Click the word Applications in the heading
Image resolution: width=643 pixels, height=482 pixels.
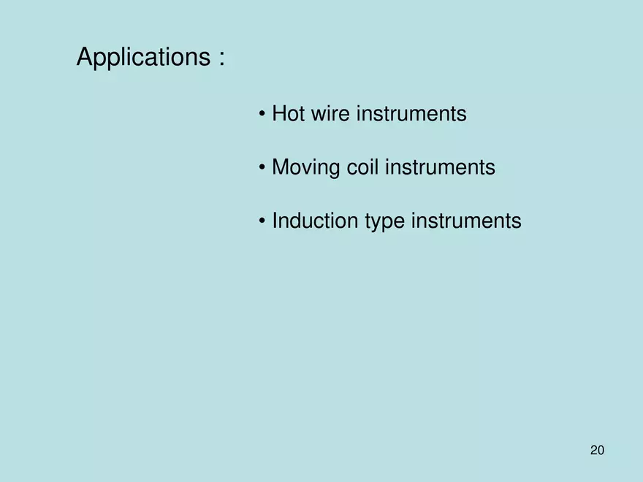point(144,58)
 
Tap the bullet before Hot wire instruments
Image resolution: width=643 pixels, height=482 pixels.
point(262,115)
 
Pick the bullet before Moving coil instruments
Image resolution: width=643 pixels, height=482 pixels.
point(262,168)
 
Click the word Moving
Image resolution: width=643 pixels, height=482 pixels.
point(305,168)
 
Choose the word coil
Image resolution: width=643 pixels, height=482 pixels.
point(362,167)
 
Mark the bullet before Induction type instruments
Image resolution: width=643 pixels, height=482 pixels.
point(262,221)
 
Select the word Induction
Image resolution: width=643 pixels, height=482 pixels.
point(315,221)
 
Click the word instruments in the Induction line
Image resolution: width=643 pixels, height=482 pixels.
point(466,221)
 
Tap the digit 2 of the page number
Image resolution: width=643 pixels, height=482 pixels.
point(593,450)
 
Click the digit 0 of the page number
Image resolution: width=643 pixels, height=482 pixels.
point(601,450)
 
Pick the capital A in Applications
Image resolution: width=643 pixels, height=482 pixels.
point(85,57)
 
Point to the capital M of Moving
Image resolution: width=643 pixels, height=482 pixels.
point(281,167)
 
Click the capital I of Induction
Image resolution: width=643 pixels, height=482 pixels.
point(275,221)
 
